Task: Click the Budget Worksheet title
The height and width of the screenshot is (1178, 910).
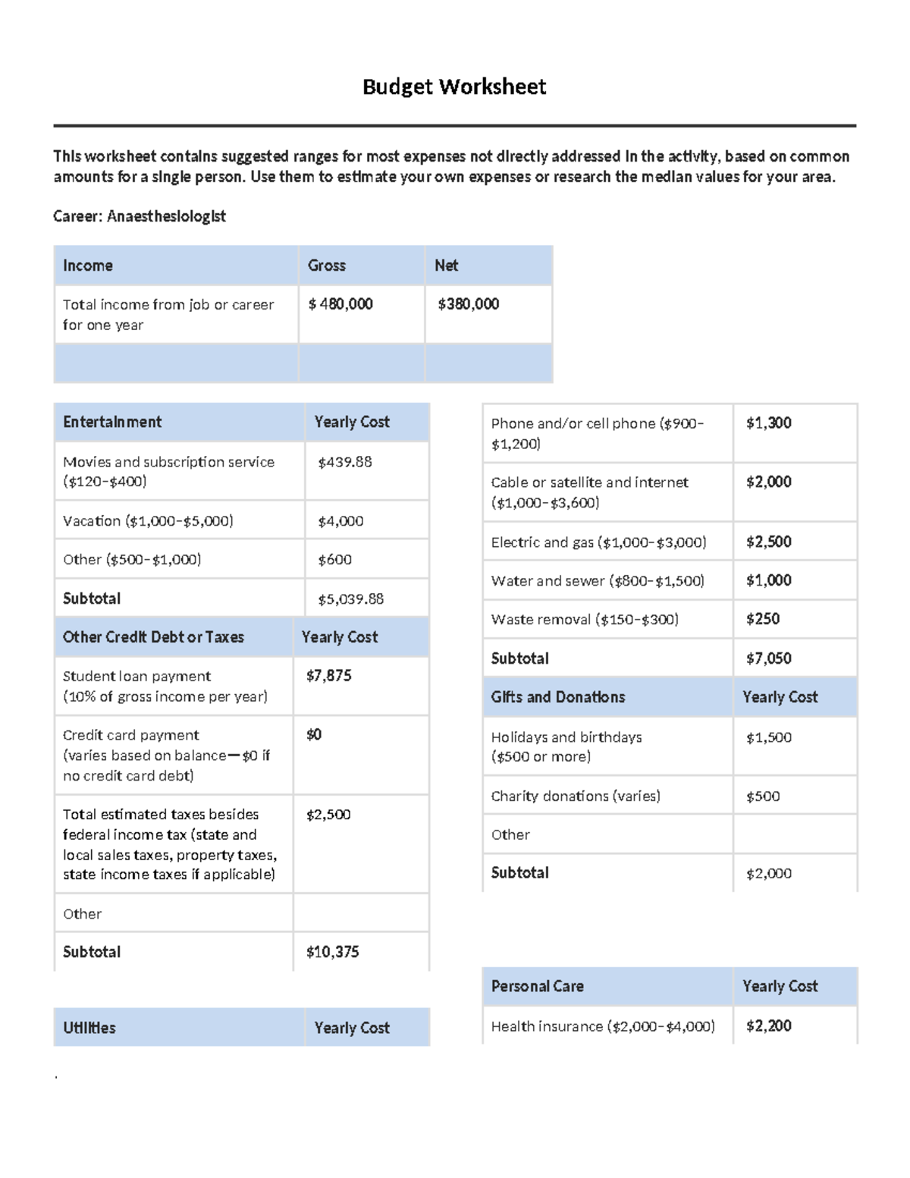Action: click(454, 86)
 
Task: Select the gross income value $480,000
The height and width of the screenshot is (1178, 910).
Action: click(340, 304)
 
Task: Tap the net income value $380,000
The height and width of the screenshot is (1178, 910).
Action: click(468, 304)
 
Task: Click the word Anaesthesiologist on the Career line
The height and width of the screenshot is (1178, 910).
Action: click(166, 216)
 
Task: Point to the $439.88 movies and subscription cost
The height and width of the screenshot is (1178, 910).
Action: click(345, 462)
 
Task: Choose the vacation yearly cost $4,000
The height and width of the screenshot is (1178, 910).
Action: click(340, 521)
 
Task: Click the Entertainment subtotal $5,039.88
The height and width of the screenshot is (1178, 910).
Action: click(350, 599)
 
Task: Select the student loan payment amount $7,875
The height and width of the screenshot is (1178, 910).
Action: click(328, 676)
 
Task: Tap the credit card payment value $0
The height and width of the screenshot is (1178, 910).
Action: click(313, 734)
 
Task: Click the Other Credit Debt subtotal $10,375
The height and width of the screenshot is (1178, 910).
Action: click(332, 952)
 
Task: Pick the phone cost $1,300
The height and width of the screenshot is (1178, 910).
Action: click(768, 423)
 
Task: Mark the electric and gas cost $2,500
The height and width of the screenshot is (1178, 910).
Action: click(768, 542)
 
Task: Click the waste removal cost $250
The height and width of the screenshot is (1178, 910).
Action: click(762, 619)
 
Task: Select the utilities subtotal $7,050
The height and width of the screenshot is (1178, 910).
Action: click(768, 658)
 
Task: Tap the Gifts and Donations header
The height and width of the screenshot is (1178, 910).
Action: click(558, 697)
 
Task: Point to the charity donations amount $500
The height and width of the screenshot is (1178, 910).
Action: click(762, 796)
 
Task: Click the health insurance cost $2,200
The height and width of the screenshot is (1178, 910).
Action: click(768, 1026)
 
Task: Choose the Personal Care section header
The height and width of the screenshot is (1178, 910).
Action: click(537, 986)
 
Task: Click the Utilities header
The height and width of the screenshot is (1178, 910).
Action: click(89, 1028)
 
